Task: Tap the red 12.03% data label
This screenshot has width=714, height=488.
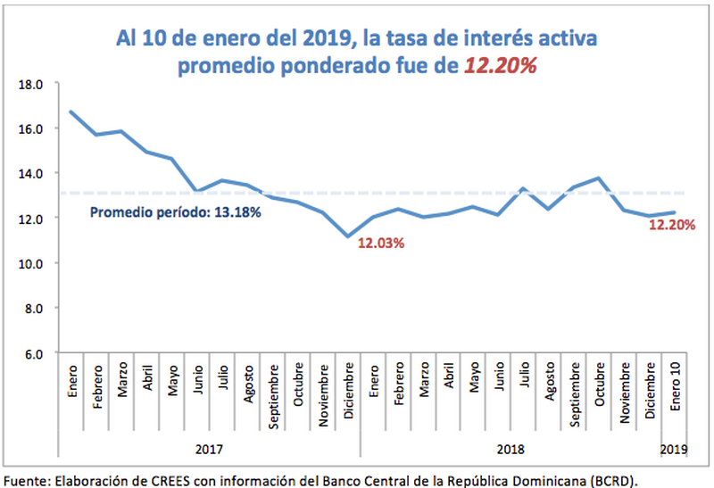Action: pos(381,243)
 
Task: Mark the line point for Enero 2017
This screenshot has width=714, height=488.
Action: pos(71,112)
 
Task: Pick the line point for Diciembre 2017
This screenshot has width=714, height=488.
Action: pos(348,236)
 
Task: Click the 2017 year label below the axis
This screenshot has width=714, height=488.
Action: pos(209,451)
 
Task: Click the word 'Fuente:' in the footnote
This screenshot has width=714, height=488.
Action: pos(28,480)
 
